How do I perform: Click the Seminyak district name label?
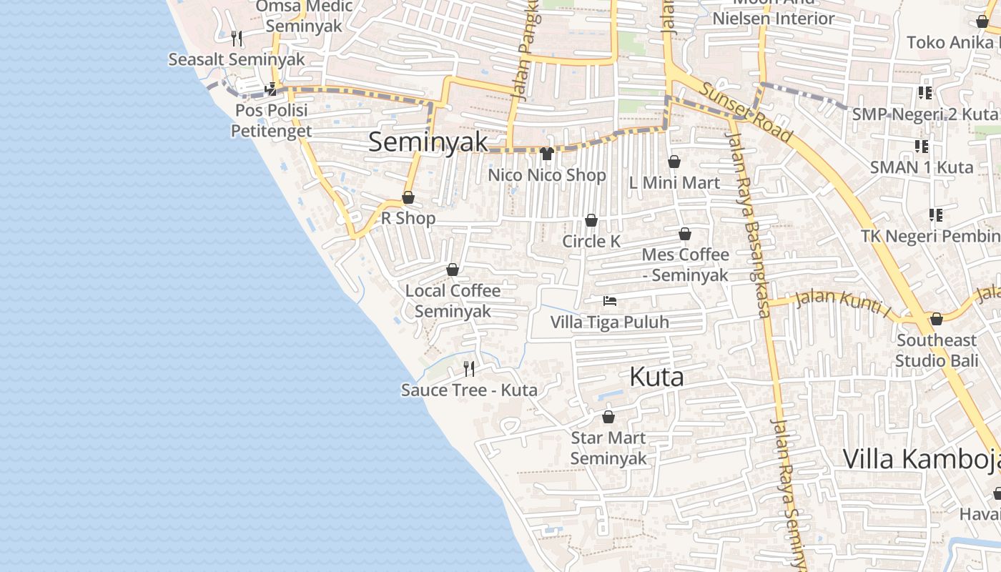point(428,142)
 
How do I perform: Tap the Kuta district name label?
point(656,377)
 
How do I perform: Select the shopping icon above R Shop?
point(408,197)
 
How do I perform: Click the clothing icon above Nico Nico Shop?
point(547,153)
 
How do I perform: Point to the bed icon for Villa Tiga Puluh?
point(610,301)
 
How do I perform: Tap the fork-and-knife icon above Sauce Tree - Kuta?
point(469,368)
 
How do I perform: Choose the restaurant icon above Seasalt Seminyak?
point(237,38)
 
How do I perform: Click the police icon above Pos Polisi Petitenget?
point(271,89)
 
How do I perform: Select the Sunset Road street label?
point(746,112)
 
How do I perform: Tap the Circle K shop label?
point(591,241)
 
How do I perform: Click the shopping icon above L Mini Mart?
point(674,162)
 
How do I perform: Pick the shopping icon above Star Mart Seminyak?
point(608,416)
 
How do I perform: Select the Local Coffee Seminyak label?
point(453,301)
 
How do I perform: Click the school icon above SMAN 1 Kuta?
point(922,146)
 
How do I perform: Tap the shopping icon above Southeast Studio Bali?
point(937,319)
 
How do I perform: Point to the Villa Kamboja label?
point(921,459)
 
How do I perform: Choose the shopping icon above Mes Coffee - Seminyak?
point(685,234)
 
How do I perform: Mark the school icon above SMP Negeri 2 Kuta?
point(925,92)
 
